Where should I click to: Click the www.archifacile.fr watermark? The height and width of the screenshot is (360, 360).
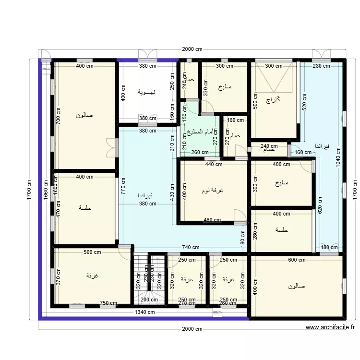[x=330, y=328]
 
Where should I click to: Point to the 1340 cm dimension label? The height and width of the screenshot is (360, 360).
[x=144, y=312]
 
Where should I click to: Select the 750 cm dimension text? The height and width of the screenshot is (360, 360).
[x=108, y=303]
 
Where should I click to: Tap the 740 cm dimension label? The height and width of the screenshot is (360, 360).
[x=191, y=248]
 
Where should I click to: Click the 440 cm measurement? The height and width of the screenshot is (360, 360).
[x=214, y=164]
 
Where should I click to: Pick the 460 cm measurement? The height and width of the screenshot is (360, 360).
[x=212, y=220]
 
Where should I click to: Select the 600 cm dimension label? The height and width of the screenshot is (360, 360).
[x=297, y=260]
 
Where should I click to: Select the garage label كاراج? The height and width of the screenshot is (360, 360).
[x=273, y=100]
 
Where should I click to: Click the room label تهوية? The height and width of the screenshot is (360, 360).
[x=145, y=91]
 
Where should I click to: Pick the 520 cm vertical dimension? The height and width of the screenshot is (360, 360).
[x=304, y=103]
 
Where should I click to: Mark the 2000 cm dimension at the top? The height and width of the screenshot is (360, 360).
[x=192, y=49]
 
